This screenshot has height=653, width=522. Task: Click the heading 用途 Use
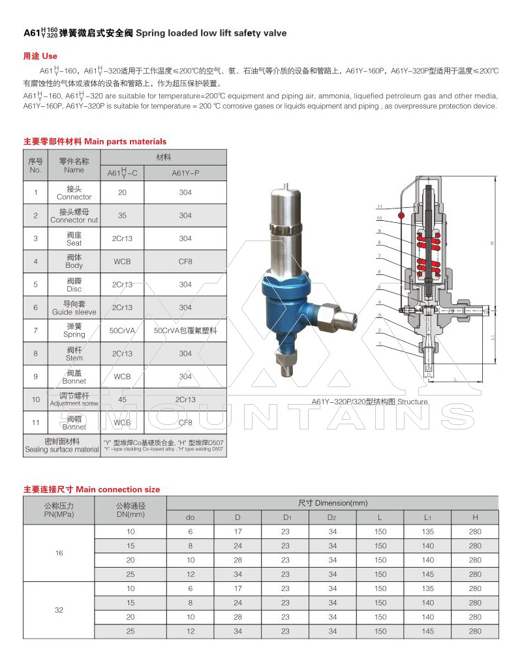pyautogui.click(x=40, y=56)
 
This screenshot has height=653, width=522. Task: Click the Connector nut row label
pyautogui.click(x=74, y=216)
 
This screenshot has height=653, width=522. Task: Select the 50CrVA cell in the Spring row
pyautogui.click(x=122, y=330)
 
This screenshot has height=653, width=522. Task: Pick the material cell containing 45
pyautogui.click(x=122, y=399)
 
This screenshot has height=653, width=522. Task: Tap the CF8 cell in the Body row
pyautogui.click(x=185, y=261)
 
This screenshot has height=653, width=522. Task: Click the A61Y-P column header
pyautogui.click(x=185, y=173)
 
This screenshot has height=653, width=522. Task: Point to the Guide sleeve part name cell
pyautogui.click(x=74, y=308)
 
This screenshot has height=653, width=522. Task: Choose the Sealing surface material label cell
pyautogui.click(x=62, y=446)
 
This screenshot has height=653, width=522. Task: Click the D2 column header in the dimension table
pyautogui.click(x=333, y=517)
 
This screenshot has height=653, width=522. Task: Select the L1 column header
pyautogui.click(x=428, y=517)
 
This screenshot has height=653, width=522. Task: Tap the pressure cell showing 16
pyautogui.click(x=59, y=553)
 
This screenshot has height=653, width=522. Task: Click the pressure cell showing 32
pyautogui.click(x=59, y=610)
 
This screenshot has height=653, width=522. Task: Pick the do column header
pyautogui.click(x=191, y=517)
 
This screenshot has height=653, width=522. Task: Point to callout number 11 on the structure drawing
pyautogui.click(x=379, y=208)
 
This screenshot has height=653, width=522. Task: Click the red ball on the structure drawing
pyautogui.click(x=403, y=214)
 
